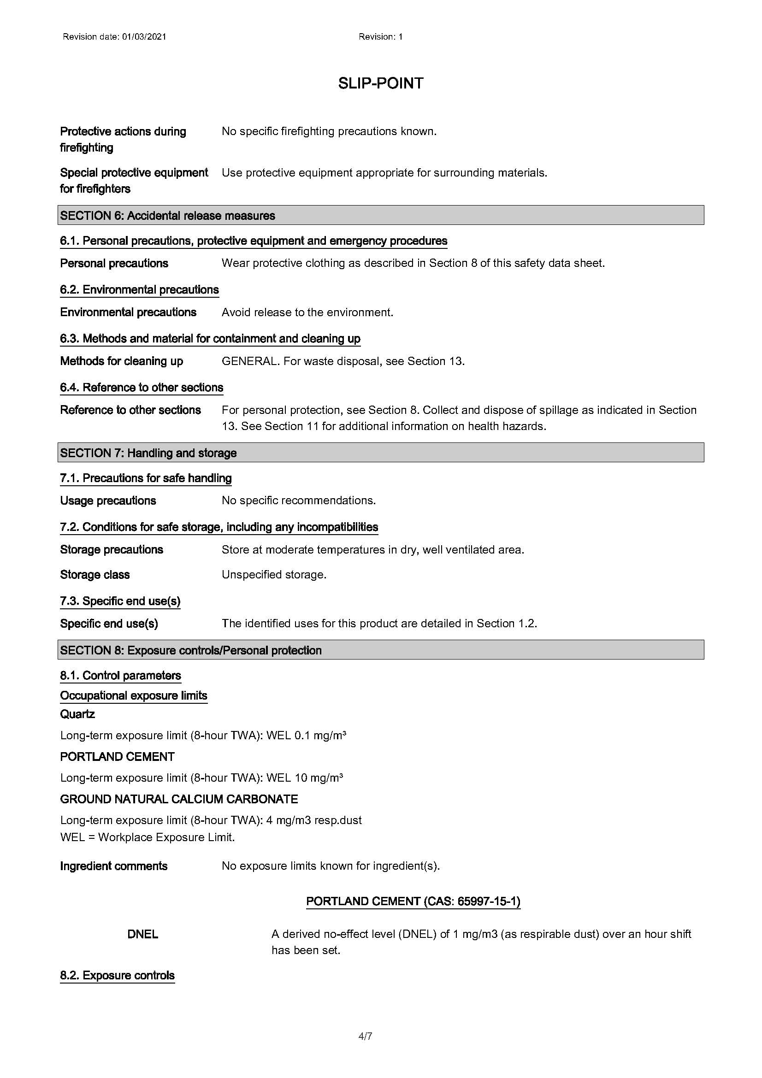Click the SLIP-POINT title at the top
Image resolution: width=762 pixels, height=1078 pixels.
[380, 83]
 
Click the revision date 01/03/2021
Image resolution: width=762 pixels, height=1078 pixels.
[144, 36]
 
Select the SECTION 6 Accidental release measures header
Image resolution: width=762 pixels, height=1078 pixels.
[168, 216]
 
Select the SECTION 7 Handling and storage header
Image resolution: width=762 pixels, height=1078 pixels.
[148, 453]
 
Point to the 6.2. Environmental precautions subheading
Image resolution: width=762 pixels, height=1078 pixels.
[139, 290]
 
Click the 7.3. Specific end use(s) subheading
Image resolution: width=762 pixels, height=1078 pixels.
[120, 601]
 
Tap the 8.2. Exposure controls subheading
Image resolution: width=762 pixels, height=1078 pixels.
[118, 975]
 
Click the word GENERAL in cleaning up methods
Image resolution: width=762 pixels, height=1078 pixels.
[249, 361]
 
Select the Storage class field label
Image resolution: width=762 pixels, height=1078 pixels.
[95, 575]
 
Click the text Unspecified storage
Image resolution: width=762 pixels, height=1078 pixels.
[274, 575]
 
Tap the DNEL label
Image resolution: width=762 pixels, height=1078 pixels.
[143, 934]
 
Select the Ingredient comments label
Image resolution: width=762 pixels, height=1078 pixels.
[113, 866]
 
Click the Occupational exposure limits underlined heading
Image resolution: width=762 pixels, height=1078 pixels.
[134, 695]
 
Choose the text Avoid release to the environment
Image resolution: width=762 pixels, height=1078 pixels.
[307, 312]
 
